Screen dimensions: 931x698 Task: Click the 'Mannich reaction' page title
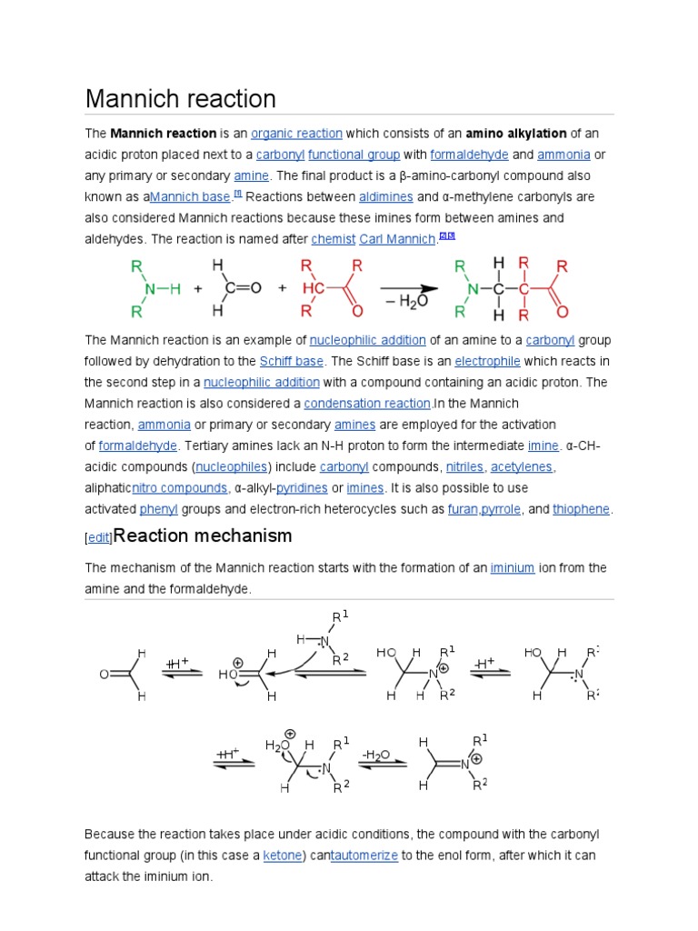(x=180, y=98)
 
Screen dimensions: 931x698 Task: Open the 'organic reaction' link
(x=296, y=133)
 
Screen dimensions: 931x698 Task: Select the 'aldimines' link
(x=386, y=196)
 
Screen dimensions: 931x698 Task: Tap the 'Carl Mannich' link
(x=398, y=239)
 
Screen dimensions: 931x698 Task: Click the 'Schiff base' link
(x=291, y=361)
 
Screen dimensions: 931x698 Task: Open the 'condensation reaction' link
(x=367, y=404)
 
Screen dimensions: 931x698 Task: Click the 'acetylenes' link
(x=522, y=467)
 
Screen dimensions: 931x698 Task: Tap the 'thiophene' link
(x=582, y=509)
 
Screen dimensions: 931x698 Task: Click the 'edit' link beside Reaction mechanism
(x=97, y=538)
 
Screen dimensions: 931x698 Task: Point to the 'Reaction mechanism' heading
(x=203, y=536)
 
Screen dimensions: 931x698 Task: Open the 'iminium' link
(x=512, y=568)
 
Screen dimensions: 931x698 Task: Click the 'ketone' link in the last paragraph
(x=282, y=856)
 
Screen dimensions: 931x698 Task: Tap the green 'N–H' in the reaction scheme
(x=161, y=288)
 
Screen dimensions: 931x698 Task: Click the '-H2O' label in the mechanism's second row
(x=375, y=755)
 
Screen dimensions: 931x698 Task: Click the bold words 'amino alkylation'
(x=516, y=133)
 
